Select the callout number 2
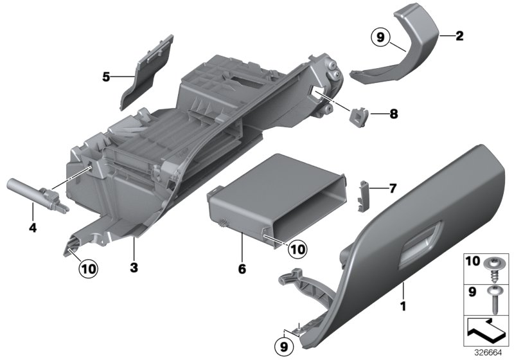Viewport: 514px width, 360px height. pos(459,37)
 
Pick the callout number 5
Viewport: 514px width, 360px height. pos(106,77)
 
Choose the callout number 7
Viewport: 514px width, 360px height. pos(393,188)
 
